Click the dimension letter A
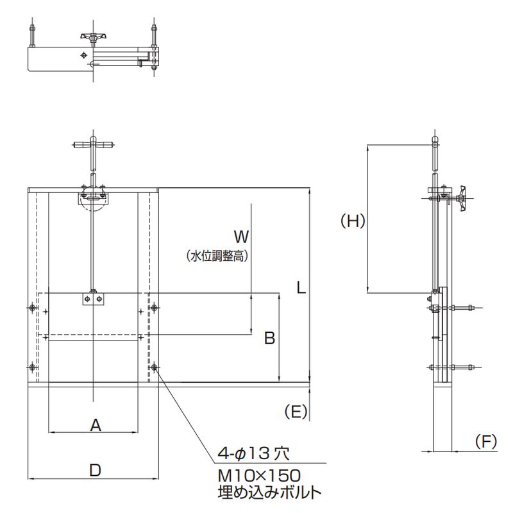(96, 425)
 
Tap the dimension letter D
(95, 471)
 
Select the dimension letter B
(269, 338)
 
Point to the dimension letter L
(301, 287)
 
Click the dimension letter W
(242, 236)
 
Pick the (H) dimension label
(353, 221)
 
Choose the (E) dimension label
(296, 411)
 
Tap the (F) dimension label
(486, 441)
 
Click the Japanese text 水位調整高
(217, 256)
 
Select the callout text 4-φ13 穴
(253, 454)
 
